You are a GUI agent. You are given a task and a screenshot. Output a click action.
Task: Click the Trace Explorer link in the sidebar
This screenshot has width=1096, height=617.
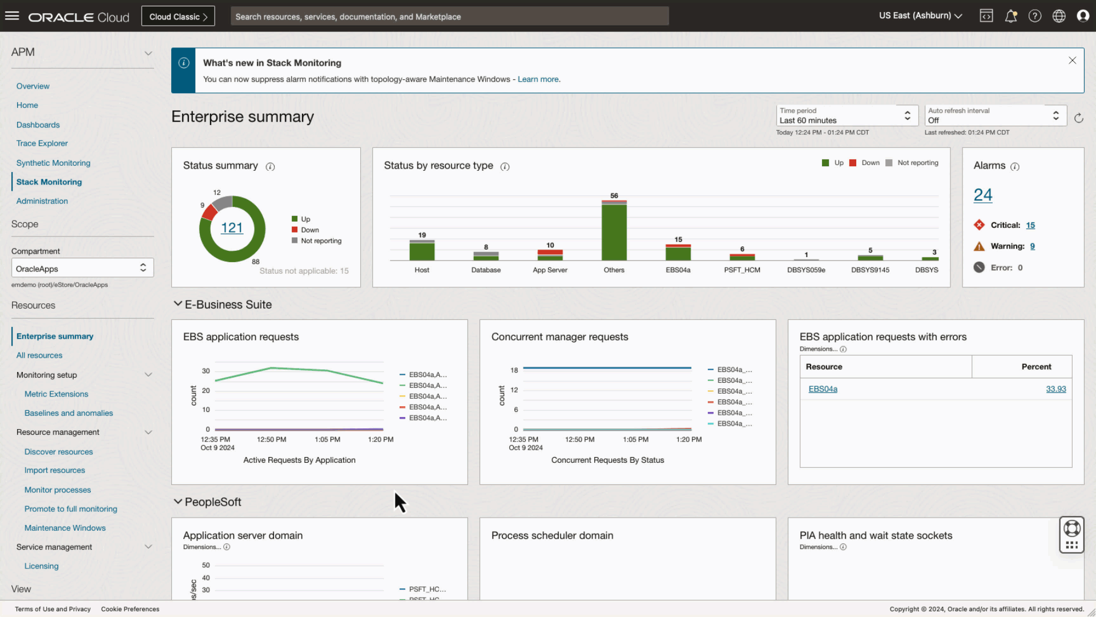pyautogui.click(x=42, y=143)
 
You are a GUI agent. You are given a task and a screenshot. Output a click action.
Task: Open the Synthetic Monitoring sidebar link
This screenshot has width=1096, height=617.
pyautogui.click(x=53, y=163)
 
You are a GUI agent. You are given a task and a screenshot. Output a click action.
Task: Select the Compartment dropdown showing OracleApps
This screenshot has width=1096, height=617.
pyautogui.click(x=82, y=268)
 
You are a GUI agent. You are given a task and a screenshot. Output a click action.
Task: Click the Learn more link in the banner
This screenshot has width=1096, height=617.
pyautogui.click(x=538, y=79)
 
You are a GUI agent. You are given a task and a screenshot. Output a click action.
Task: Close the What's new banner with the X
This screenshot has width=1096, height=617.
pyautogui.click(x=1072, y=61)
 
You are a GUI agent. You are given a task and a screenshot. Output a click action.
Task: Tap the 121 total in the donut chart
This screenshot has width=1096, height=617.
pyautogui.click(x=232, y=228)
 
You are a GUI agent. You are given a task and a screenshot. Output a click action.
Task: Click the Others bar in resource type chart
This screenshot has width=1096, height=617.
pyautogui.click(x=614, y=231)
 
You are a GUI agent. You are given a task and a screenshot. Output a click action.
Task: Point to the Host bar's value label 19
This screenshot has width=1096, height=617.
pyautogui.click(x=422, y=235)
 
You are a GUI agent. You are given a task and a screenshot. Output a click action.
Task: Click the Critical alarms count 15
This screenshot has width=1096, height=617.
pyautogui.click(x=1030, y=225)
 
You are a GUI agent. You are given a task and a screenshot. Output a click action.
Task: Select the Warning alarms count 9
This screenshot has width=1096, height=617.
pyautogui.click(x=1032, y=246)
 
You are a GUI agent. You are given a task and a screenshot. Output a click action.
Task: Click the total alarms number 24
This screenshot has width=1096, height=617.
pyautogui.click(x=982, y=195)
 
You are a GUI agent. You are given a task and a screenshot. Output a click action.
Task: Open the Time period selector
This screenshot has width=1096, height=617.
pyautogui.click(x=847, y=115)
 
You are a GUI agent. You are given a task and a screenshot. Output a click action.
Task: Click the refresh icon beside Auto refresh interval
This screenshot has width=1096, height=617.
pyautogui.click(x=1078, y=118)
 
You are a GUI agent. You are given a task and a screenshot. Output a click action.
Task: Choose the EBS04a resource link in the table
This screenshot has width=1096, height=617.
pyautogui.click(x=823, y=389)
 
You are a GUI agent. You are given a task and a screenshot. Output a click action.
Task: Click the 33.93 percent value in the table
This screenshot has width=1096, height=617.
pyautogui.click(x=1055, y=389)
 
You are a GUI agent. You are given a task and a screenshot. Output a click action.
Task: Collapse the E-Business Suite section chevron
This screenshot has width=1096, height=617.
pyautogui.click(x=178, y=304)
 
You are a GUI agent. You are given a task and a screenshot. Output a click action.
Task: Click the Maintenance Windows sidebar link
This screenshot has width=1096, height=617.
pyautogui.click(x=65, y=528)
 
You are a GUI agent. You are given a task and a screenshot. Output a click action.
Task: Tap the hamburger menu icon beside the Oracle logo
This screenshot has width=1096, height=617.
pyautogui.click(x=12, y=16)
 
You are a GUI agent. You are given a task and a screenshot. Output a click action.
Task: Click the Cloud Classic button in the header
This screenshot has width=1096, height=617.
pyautogui.click(x=178, y=17)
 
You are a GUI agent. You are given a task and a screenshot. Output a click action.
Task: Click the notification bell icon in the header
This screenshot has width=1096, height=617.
pyautogui.click(x=1010, y=16)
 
